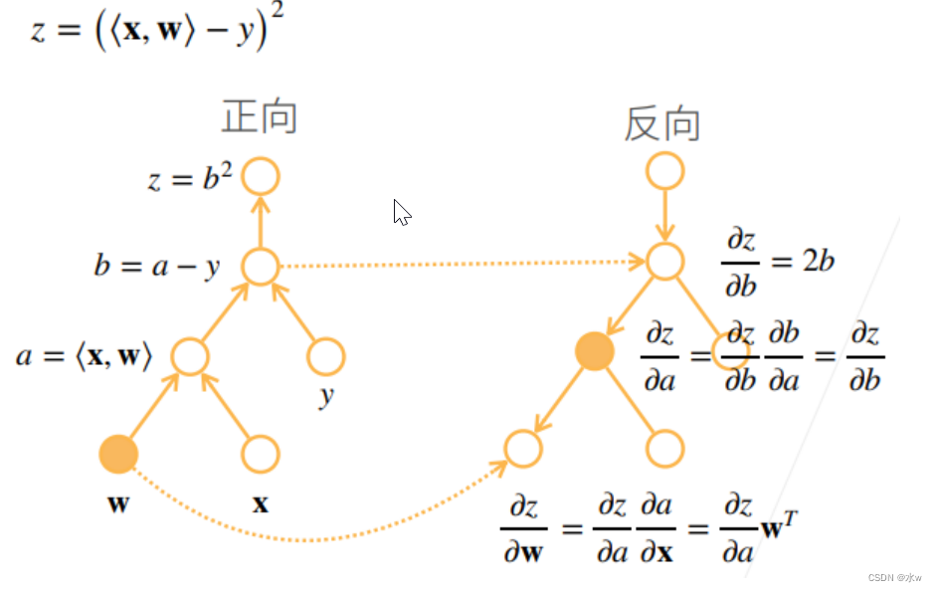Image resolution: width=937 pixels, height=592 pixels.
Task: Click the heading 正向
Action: pyautogui.click(x=260, y=117)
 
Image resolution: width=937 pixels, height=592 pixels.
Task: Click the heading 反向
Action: pyautogui.click(x=662, y=124)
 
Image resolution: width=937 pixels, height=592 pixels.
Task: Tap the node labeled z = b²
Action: pyautogui.click(x=261, y=176)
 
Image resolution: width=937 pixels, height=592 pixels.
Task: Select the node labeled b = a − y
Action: pyautogui.click(x=261, y=266)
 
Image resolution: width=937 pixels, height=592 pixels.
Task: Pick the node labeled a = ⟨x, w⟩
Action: pyautogui.click(x=189, y=356)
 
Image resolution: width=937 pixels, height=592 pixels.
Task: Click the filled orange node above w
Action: pyautogui.click(x=118, y=454)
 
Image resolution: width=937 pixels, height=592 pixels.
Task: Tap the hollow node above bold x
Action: pyautogui.click(x=261, y=454)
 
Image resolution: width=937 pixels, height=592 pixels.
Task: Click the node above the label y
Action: pyautogui.click(x=325, y=356)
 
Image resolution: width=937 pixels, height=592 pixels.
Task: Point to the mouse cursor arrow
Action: pyautogui.click(x=401, y=211)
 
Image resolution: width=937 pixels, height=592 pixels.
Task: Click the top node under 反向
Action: pyautogui.click(x=664, y=171)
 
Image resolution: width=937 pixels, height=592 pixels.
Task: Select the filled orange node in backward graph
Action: pyautogui.click(x=594, y=351)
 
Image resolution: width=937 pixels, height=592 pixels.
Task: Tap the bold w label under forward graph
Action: pyautogui.click(x=118, y=502)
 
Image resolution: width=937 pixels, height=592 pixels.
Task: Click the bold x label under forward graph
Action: pyautogui.click(x=261, y=503)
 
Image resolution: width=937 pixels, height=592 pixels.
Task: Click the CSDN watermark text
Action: pyautogui.click(x=894, y=577)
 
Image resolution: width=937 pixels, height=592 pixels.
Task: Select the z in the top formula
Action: pyautogui.click(x=38, y=30)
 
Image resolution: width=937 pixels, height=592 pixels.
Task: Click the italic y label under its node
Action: pyautogui.click(x=326, y=397)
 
